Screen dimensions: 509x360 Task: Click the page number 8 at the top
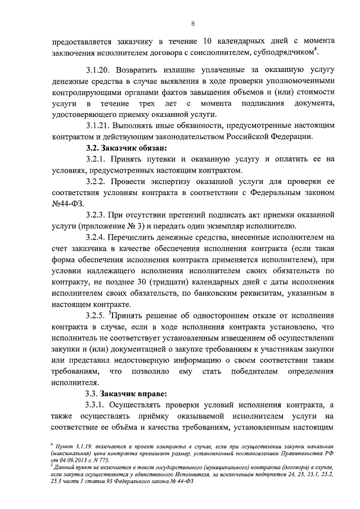point(192,24)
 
